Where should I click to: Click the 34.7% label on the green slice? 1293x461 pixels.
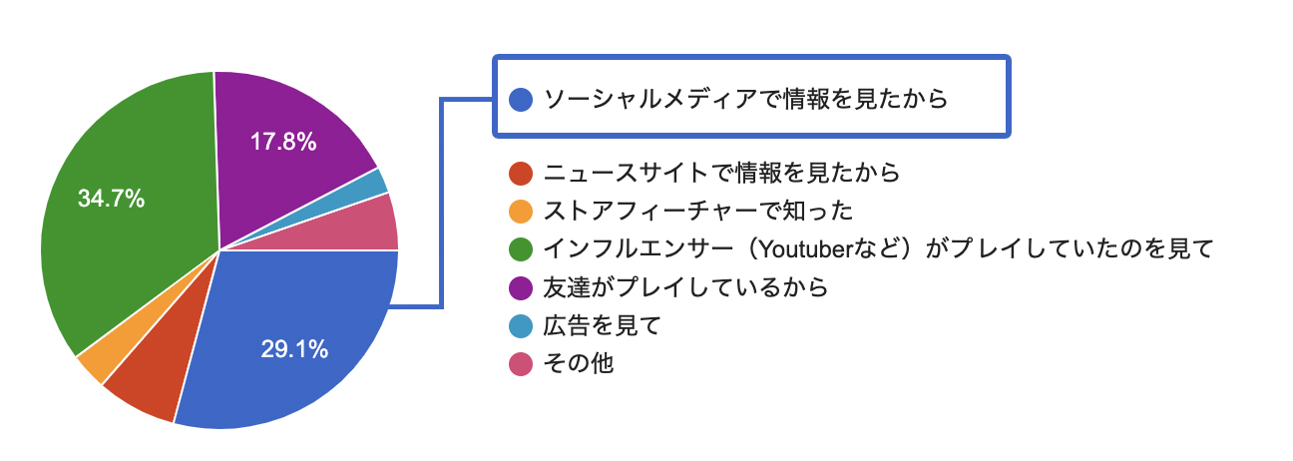(x=111, y=199)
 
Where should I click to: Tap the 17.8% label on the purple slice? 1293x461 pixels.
(x=283, y=142)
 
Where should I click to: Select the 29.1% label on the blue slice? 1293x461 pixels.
(x=294, y=349)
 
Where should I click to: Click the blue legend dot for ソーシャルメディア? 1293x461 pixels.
(x=520, y=99)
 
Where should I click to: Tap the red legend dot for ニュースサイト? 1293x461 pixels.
(x=520, y=173)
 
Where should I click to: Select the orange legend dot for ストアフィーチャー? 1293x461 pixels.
(x=520, y=212)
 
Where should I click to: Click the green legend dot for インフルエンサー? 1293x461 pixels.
(x=520, y=249)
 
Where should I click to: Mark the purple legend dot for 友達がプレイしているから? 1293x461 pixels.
(x=520, y=287)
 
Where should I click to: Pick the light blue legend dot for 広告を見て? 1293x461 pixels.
(x=520, y=326)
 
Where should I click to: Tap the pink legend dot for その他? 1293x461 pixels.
(x=520, y=364)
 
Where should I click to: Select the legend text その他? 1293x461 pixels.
(x=579, y=363)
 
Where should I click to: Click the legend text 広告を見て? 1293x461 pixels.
(x=602, y=325)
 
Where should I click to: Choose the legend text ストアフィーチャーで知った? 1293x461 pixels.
(x=698, y=211)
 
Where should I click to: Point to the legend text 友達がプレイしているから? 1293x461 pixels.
(x=685, y=286)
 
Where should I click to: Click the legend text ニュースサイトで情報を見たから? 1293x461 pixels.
(x=721, y=173)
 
